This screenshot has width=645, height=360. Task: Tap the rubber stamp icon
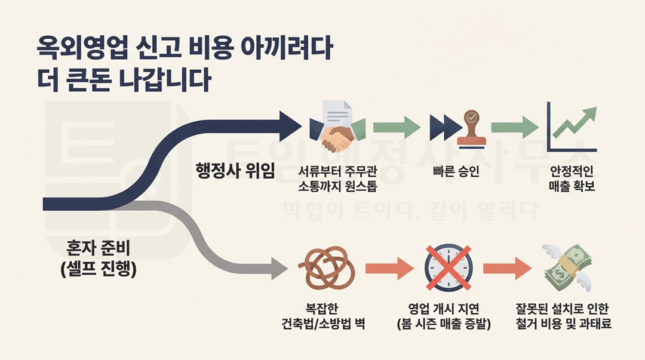click(472, 128)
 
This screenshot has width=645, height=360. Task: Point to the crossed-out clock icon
click(449, 268)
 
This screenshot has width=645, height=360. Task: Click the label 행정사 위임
click(235, 171)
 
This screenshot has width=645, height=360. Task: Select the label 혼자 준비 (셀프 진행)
click(99, 258)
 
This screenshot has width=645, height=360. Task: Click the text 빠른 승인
click(456, 173)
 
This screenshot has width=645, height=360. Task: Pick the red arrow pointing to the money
click(506, 269)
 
